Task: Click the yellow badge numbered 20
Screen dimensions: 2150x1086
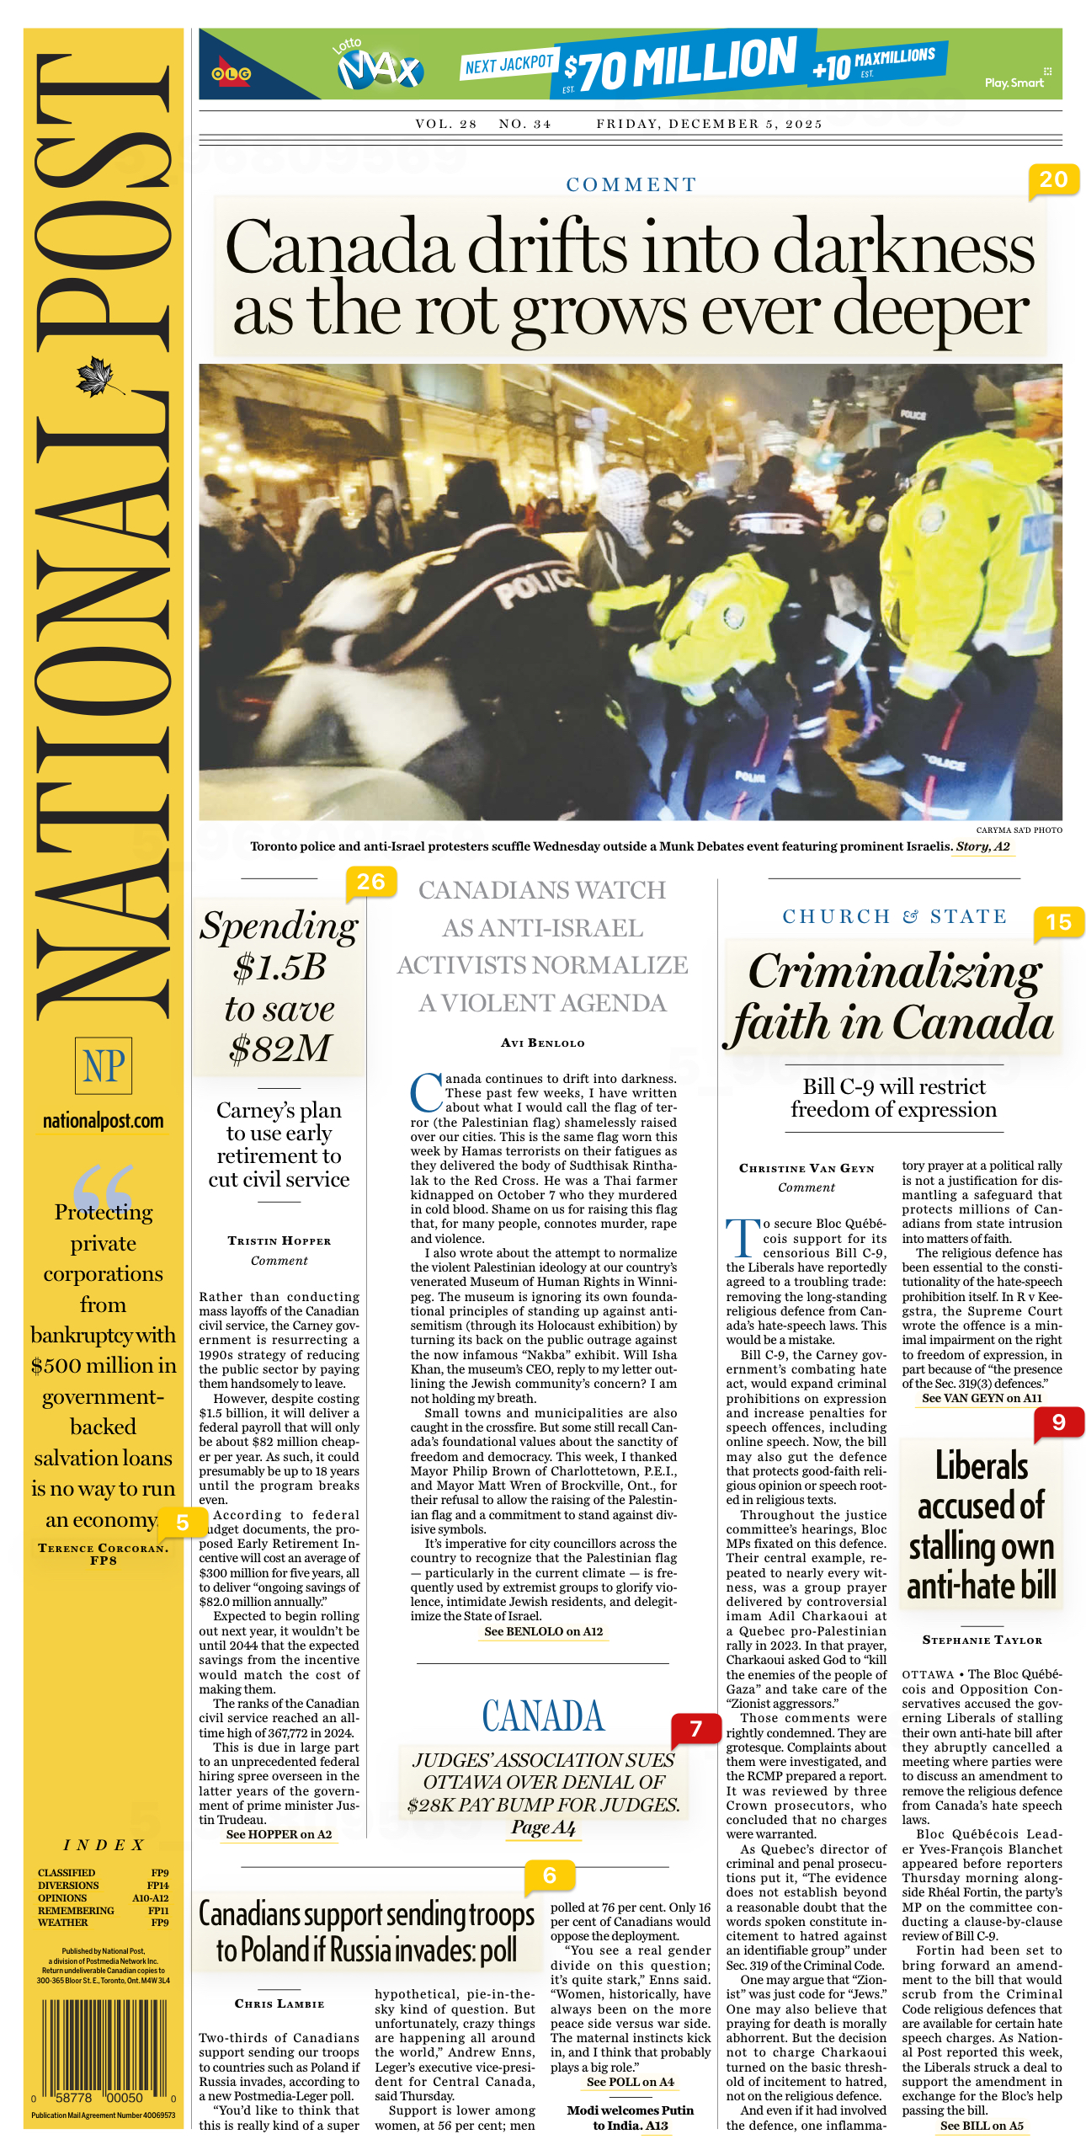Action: [1053, 180]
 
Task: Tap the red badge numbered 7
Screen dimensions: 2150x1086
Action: [695, 1729]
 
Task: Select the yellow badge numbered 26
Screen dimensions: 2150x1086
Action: [370, 882]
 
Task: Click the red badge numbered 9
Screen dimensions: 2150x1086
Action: [1058, 1422]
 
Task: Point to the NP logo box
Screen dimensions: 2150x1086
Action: [104, 1065]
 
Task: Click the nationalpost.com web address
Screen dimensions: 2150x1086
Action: [104, 1121]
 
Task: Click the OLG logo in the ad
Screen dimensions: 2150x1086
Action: [231, 74]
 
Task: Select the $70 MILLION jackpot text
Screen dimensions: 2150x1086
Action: [680, 64]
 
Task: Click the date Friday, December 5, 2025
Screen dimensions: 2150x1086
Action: [709, 124]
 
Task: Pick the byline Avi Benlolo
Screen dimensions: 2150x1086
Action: [542, 1043]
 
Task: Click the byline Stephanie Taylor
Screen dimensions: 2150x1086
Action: [982, 1640]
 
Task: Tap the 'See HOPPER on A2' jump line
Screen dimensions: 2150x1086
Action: [279, 1834]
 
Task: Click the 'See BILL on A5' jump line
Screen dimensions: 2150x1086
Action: [982, 2126]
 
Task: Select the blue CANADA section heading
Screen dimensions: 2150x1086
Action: [543, 1715]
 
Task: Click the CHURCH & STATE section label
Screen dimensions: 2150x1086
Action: [894, 916]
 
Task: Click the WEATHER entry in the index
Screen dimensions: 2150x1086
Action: [63, 1923]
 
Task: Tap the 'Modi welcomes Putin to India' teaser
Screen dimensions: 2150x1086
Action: [630, 2117]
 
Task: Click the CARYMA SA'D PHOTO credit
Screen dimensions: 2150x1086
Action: [1019, 830]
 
